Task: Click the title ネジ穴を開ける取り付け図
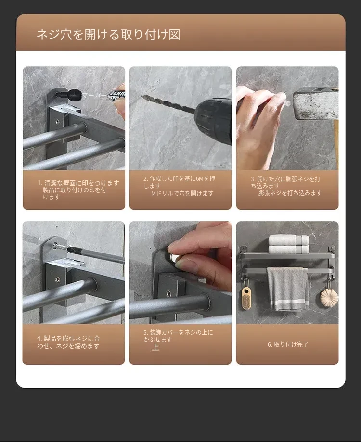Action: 109,35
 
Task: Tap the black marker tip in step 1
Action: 70,95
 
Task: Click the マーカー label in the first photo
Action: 95,96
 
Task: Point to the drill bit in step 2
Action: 168,104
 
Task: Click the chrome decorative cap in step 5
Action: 174,257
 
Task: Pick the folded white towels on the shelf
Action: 289,244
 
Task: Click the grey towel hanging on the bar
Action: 287,289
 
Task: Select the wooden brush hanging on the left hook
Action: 246,297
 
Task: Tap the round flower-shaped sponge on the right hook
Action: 329,297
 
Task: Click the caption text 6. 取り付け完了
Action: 288,344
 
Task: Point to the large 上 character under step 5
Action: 155,347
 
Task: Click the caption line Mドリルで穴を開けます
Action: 182,193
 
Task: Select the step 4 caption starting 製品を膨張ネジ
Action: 68,342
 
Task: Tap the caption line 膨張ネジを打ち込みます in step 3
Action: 290,193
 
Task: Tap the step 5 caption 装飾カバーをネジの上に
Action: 178,332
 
